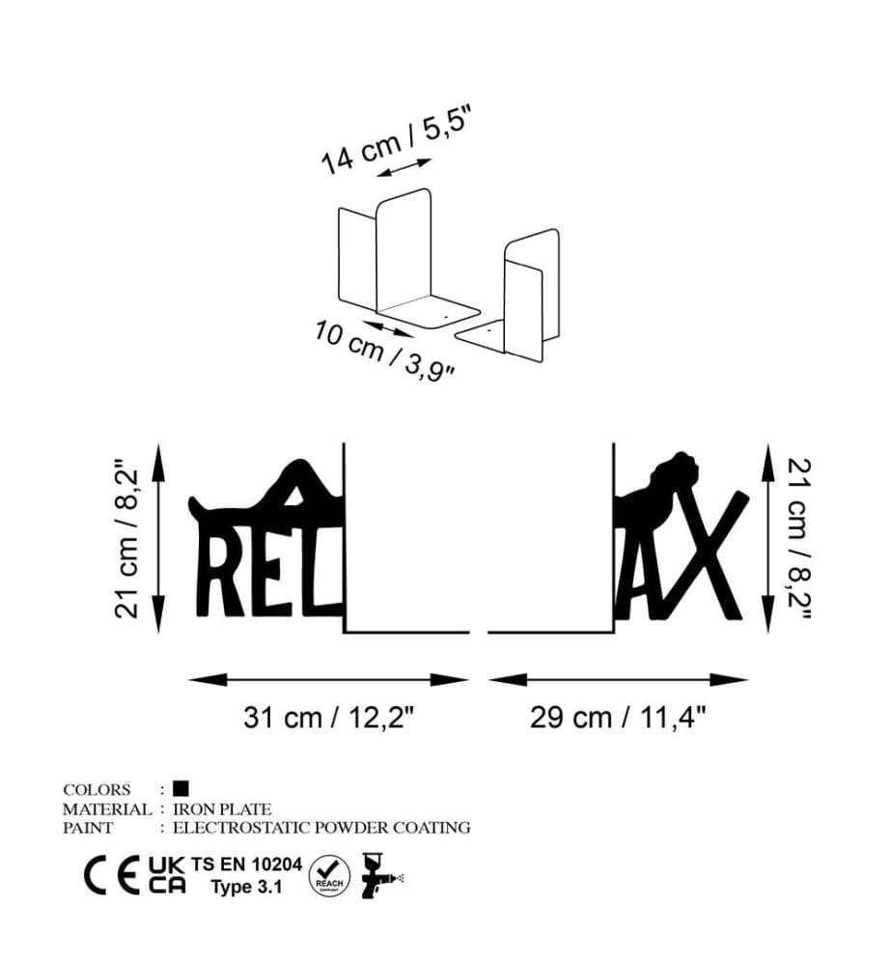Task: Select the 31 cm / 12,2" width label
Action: coord(329,718)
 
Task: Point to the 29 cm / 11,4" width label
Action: coord(618,718)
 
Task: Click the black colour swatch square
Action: coord(181,788)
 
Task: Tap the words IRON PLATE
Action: coord(222,809)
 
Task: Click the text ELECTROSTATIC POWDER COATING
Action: coord(321,828)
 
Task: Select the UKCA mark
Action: coord(166,875)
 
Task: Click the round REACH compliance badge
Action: coord(329,876)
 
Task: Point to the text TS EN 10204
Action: coord(246,865)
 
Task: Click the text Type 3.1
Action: coord(246,887)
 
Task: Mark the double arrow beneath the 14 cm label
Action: coord(404,167)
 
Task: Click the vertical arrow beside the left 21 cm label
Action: coord(159,538)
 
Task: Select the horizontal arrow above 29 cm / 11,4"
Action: coord(618,680)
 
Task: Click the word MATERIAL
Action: coord(107,809)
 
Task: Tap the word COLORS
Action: coord(97,790)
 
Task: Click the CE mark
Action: coord(111,876)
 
